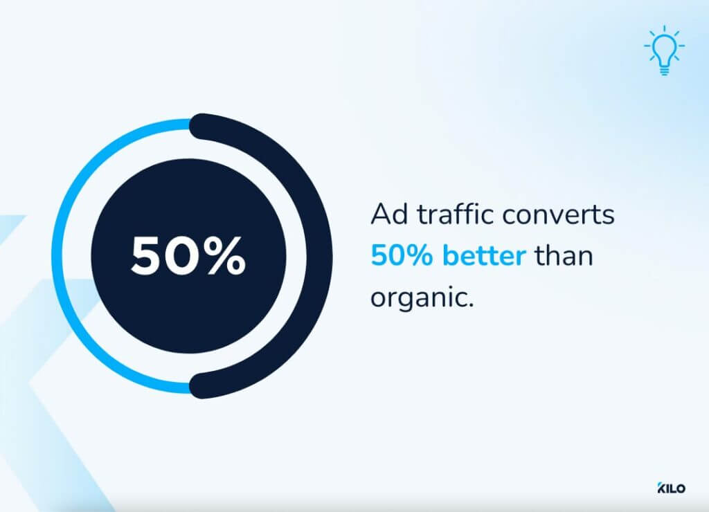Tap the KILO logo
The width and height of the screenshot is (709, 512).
tap(671, 488)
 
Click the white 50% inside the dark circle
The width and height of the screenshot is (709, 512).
tap(188, 256)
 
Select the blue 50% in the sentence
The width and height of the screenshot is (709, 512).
tap(404, 256)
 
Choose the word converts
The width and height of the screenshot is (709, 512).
tap(558, 216)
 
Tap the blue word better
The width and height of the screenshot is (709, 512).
tap(485, 256)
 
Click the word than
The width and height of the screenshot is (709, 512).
tap(564, 256)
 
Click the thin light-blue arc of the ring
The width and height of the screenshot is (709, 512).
tap(61, 256)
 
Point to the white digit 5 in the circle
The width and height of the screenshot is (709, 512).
tap(147, 256)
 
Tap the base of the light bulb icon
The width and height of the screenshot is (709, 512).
tap(664, 70)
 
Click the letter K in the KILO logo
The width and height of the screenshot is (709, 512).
tap(660, 488)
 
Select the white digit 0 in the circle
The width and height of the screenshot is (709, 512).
tap(183, 256)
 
